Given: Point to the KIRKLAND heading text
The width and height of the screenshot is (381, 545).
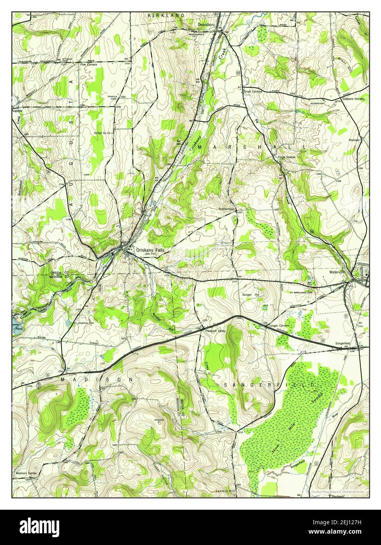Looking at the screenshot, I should click(x=166, y=15).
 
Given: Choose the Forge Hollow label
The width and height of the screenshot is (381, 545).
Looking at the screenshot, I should click(x=287, y=157).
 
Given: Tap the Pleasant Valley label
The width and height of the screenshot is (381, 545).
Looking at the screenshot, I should click(x=216, y=331).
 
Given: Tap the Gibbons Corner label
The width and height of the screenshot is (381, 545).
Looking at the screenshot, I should click(x=355, y=99).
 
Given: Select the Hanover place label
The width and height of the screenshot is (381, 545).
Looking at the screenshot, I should click(x=354, y=140).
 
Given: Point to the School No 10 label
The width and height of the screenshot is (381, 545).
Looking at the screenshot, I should click(x=103, y=133).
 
